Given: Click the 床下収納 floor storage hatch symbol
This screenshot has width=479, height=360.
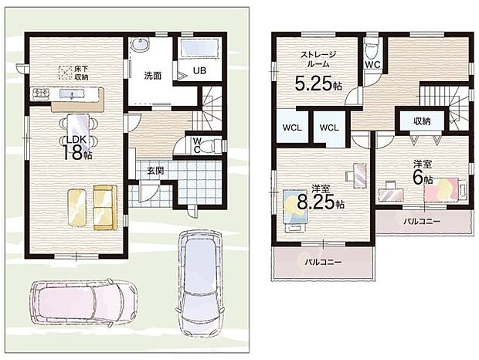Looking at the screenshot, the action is (x=65, y=73).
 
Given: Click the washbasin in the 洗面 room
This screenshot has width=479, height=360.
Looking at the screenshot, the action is (x=140, y=45).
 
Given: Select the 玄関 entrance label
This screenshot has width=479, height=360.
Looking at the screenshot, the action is (x=155, y=171).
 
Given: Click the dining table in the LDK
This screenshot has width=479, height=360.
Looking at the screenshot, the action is (x=78, y=127).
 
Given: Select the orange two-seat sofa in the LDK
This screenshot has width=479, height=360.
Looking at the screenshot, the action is (x=105, y=207).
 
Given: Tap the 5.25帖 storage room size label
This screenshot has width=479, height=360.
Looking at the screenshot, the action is (x=318, y=83).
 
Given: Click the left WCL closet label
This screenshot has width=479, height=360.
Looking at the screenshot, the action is (x=292, y=127).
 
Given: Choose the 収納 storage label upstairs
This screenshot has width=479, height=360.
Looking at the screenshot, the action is (x=422, y=121).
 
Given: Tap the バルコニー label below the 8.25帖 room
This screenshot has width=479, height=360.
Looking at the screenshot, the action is (x=323, y=262).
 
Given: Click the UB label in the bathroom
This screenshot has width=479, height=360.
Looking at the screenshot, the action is (x=199, y=70).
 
